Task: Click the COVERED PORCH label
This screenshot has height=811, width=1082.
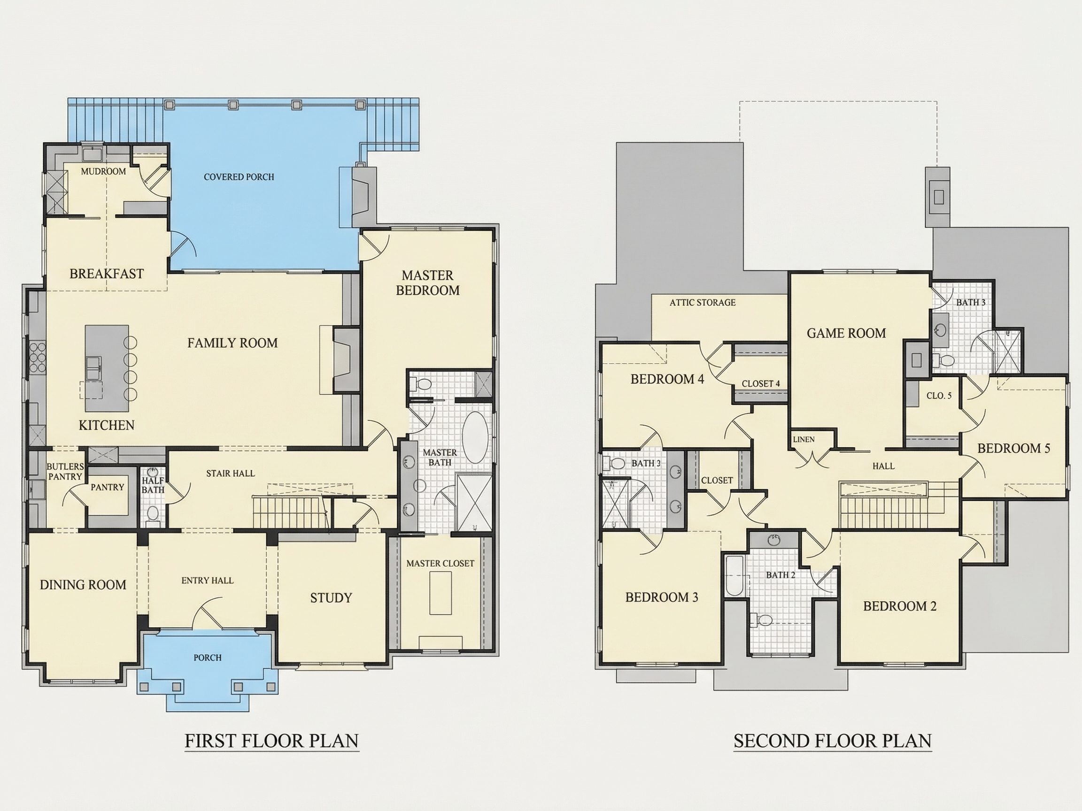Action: (239, 177)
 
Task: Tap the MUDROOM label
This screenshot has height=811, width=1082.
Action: (103, 172)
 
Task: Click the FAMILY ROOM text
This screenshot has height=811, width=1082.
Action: (232, 343)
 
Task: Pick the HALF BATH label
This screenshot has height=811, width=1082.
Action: (153, 485)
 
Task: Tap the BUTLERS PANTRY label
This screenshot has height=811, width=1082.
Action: (65, 472)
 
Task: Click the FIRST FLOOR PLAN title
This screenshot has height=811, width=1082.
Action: (272, 741)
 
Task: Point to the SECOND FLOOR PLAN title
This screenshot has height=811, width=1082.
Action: (833, 741)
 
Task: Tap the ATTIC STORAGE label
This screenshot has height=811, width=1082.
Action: (703, 303)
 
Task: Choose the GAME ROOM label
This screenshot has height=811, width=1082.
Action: (846, 333)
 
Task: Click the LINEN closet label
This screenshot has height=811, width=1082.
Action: (804, 439)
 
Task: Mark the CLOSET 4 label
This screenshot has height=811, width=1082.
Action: (761, 384)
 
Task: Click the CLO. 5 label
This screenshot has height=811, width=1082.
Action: (939, 396)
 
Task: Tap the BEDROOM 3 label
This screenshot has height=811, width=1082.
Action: (662, 597)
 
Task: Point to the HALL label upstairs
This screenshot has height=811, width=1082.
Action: (883, 467)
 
